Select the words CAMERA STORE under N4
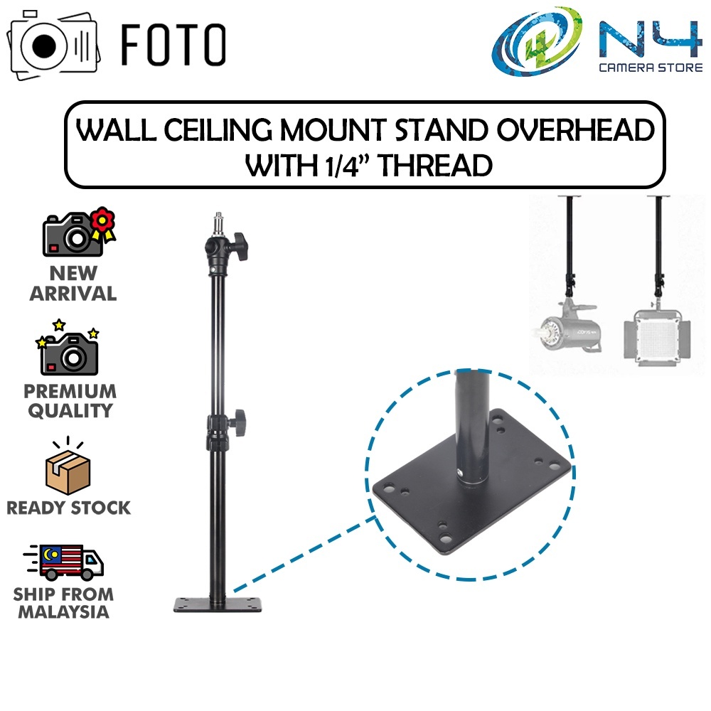[x=643, y=70]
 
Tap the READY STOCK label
[x=69, y=508]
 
